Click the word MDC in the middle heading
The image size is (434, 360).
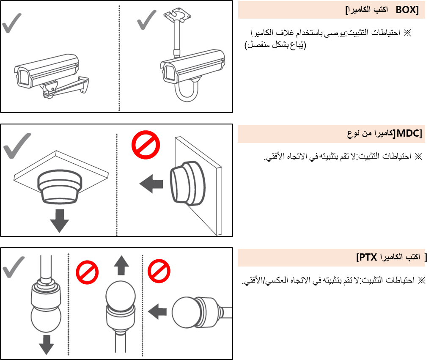coord(408,133)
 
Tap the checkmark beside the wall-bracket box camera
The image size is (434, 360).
coord(11,23)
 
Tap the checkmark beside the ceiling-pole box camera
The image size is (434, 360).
coord(146,19)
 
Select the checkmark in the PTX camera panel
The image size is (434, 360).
coord(14,267)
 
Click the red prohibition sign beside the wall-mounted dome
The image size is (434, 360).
coord(146,145)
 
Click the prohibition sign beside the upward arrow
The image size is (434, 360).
coord(87,272)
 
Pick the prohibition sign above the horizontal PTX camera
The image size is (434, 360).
coord(159,271)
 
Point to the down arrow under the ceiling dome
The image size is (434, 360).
coord(59,220)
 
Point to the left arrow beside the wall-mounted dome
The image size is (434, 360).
coord(151,184)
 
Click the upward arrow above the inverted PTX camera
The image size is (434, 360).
coord(121,265)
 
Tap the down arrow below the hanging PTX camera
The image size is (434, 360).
coord(46,345)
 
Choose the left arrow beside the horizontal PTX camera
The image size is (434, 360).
coord(157,312)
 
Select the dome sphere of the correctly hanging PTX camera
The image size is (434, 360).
coord(46,319)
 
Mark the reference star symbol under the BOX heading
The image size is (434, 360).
coord(407,33)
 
